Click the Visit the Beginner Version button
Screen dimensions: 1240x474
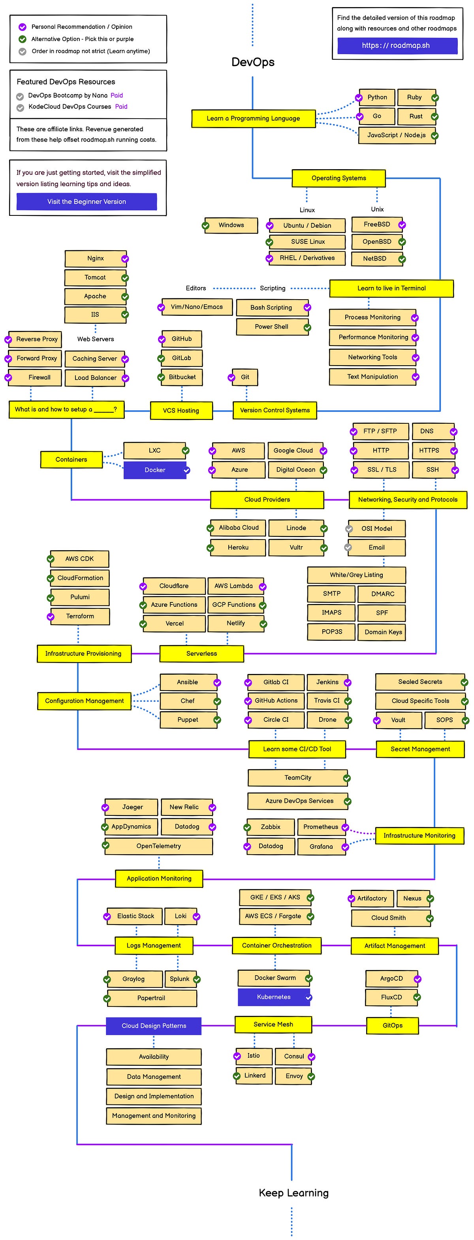[x=87, y=202]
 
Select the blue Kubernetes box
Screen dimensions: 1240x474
[x=273, y=997]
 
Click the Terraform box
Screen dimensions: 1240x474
[x=80, y=616]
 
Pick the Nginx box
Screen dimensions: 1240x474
[x=95, y=259]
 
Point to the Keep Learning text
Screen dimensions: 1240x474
[x=293, y=1192]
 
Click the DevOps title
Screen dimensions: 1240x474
[x=253, y=62]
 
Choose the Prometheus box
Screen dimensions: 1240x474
[x=320, y=827]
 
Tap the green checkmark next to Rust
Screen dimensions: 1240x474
[x=434, y=117]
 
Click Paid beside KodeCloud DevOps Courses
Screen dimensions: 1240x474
[x=121, y=107]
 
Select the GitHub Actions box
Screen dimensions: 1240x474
[x=276, y=700]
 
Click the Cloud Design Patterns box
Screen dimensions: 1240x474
[x=154, y=1026]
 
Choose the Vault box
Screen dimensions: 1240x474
[x=398, y=720]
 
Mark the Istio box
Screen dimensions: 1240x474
[x=254, y=1056]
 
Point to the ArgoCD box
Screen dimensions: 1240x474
[x=391, y=979]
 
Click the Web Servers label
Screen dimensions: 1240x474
[x=95, y=339]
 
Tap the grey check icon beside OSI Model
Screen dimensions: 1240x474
[x=349, y=529]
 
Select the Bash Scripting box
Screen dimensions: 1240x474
[x=271, y=308]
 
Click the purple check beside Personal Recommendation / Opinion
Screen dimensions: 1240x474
[x=22, y=27]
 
